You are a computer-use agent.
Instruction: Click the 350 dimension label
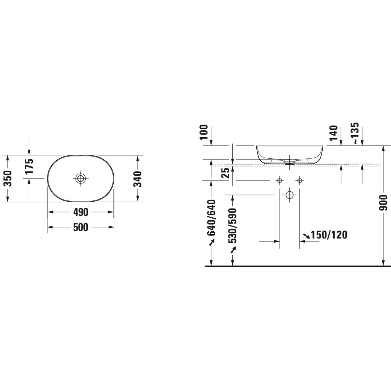pos(8,179)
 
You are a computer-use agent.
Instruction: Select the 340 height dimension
pos(138,179)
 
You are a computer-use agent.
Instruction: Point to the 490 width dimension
pos(80,212)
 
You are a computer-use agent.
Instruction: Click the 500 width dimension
pos(80,227)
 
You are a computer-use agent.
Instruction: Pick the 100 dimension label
pos(204,132)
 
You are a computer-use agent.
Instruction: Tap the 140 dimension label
pos(334,133)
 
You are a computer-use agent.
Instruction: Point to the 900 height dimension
pos(384,203)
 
